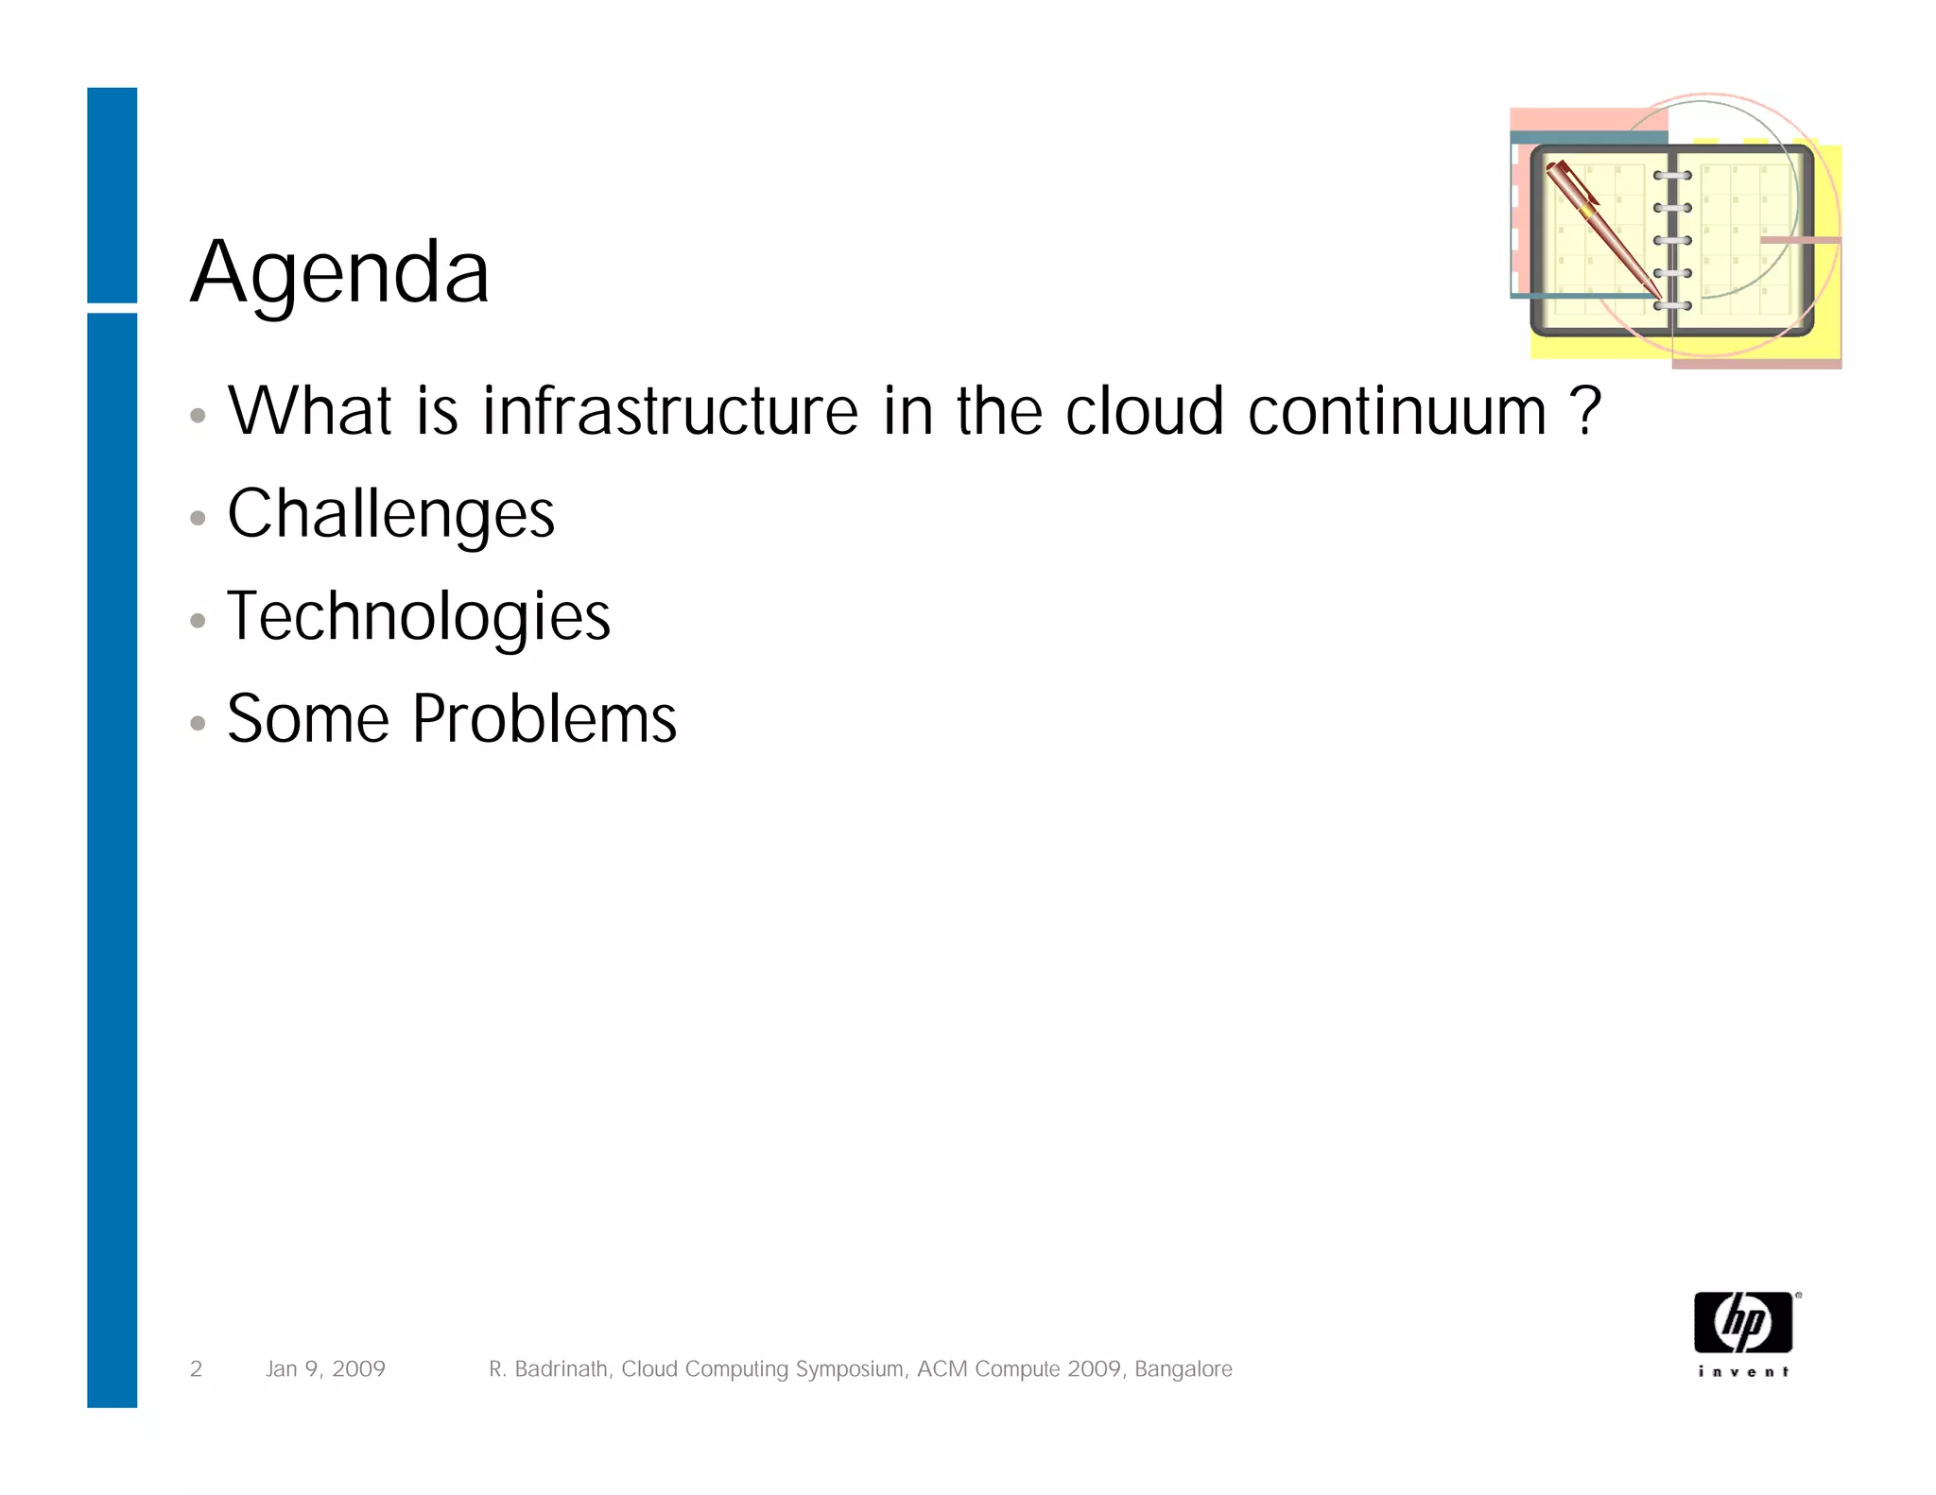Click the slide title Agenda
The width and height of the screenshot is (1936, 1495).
pos(340,272)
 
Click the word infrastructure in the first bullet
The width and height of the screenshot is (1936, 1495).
pos(669,412)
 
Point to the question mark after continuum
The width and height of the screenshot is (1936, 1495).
pos(1585,412)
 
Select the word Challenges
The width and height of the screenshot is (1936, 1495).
pos(390,515)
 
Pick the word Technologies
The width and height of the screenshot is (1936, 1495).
pos(418,617)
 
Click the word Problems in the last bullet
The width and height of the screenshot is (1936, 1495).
pos(544,720)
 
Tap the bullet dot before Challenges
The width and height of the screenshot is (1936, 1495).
pos(198,518)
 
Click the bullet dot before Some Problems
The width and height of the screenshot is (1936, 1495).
pos(198,724)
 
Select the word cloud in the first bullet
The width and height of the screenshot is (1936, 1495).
pos(1144,412)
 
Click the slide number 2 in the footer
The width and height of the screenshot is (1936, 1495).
pos(196,1368)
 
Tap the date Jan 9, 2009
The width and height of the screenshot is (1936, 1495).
pos(325,1368)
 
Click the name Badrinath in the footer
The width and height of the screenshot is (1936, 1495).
pos(561,1368)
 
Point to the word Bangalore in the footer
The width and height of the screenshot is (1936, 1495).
pos(1183,1368)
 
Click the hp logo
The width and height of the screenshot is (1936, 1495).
pos(1742,1322)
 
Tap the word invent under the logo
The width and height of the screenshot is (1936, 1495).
pos(1742,1371)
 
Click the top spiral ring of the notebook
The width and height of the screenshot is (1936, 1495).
pos(1671,176)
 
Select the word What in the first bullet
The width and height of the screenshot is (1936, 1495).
pos(310,412)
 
